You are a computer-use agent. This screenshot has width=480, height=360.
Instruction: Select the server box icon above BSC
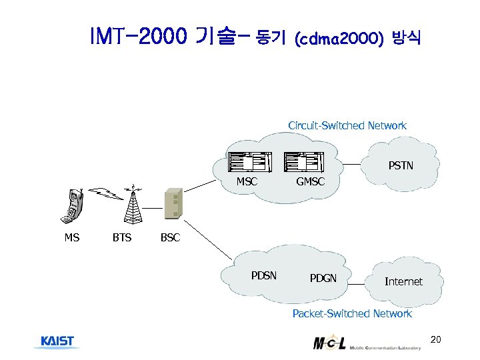[x=172, y=204]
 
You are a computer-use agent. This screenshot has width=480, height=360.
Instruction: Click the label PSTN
[x=401, y=165]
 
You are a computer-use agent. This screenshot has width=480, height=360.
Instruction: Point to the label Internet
[x=403, y=281]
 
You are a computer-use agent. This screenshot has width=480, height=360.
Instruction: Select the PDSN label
[x=264, y=275]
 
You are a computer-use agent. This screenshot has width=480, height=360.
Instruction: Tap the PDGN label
[x=323, y=278]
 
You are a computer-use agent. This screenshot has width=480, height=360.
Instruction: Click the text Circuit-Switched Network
[x=347, y=125]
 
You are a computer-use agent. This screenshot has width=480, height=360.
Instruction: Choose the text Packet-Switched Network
[x=352, y=313]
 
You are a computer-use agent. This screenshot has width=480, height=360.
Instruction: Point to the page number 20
[x=436, y=341]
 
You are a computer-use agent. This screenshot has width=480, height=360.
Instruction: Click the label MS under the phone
[x=71, y=237]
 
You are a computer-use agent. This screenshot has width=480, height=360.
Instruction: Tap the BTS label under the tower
[x=121, y=237]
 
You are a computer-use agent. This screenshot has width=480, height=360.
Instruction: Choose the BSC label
[x=170, y=237]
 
